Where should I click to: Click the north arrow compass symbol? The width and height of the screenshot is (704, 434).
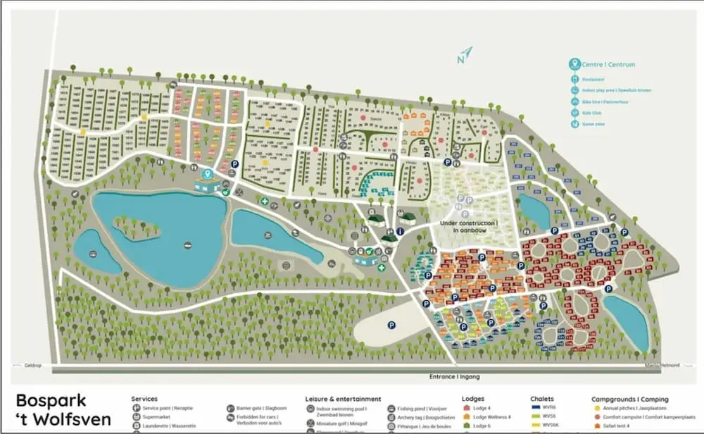point(464,55)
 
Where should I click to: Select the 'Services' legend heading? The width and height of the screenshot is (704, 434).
point(144,399)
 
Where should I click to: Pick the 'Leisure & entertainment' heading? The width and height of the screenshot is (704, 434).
point(343,399)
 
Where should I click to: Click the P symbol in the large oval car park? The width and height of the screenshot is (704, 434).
point(391,325)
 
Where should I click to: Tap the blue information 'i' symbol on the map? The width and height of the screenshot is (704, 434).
point(401,231)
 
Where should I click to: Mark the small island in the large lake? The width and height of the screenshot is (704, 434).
point(133,227)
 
